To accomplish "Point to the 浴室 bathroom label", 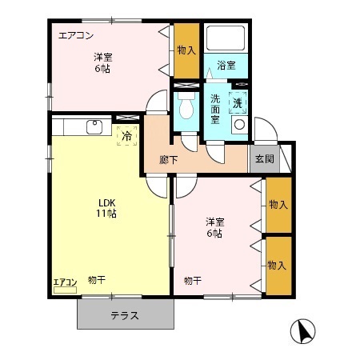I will click(x=226, y=66).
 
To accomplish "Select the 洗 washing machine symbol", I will click(x=238, y=102).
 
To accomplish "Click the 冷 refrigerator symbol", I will click(x=127, y=136).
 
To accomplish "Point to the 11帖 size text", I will click(x=107, y=214).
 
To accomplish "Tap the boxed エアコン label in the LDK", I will click(x=65, y=282).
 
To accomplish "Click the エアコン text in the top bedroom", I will click(x=75, y=34).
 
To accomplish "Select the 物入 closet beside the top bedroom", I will click(x=186, y=51).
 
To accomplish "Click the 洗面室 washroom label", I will click(x=216, y=109).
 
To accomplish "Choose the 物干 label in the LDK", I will click(x=97, y=279).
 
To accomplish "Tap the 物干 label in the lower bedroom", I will click(x=192, y=280).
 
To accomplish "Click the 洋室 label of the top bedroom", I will click(x=102, y=57).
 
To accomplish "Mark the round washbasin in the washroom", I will click(x=238, y=125).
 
